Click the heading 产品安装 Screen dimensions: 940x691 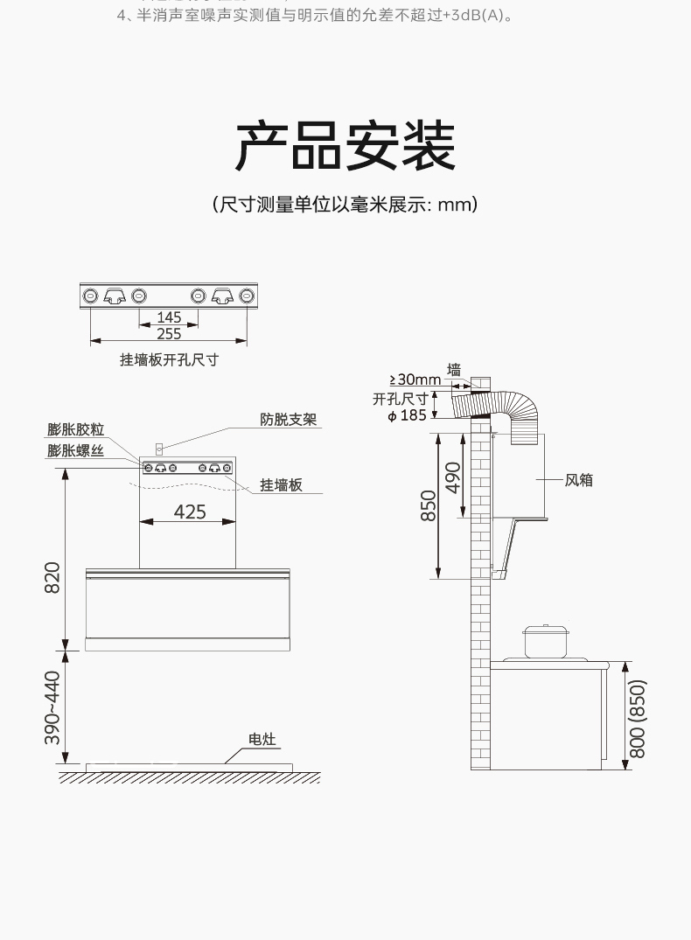tap(345, 146)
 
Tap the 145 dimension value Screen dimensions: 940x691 tap(169, 318)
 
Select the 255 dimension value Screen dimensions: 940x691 tap(169, 334)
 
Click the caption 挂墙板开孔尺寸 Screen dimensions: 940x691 tap(169, 359)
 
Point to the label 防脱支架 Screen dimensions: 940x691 tap(288, 420)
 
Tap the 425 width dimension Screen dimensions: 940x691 tap(190, 512)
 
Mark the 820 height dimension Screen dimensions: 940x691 tap(52, 579)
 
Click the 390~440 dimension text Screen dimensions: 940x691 tap(52, 707)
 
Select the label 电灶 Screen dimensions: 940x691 tap(262, 740)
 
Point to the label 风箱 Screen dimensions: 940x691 tap(578, 479)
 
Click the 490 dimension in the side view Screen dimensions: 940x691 tap(453, 477)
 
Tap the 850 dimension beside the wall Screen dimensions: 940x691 tap(429, 505)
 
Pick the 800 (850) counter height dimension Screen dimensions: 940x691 tap(638, 719)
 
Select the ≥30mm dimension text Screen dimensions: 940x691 tap(415, 379)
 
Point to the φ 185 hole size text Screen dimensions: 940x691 tap(407, 415)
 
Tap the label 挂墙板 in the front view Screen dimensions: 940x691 tap(281, 484)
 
